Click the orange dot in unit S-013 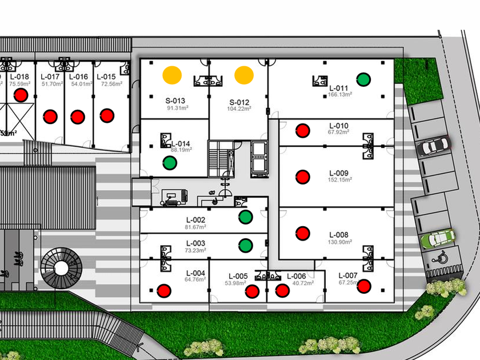coord(172,74)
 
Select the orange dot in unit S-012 coord(243,74)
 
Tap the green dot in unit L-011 coord(362,79)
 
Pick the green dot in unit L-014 coord(170,163)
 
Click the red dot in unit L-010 coord(302,130)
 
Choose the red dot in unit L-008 coord(302,233)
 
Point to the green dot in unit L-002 coord(245,217)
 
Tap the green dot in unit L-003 coord(245,245)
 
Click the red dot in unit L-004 coord(165,290)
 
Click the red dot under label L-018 coord(22,95)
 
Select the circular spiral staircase coord(59,267)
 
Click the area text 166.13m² coord(340,94)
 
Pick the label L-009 coord(339,173)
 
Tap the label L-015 coord(106,77)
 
